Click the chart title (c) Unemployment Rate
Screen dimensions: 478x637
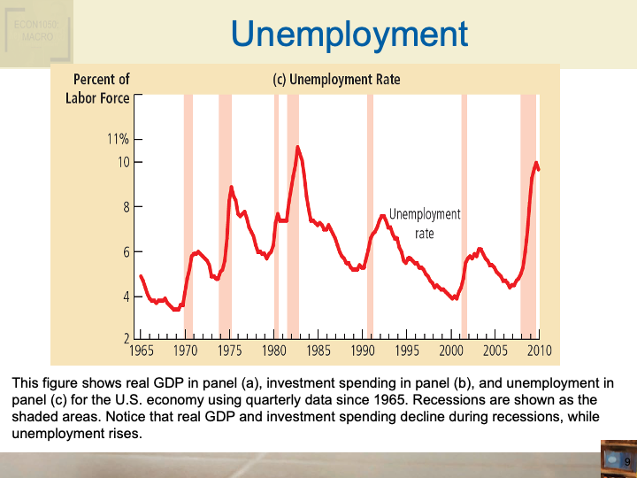tap(336, 80)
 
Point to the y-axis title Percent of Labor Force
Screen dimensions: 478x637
tap(97, 89)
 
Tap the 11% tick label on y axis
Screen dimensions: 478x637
tap(119, 139)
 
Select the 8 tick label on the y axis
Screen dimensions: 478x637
tap(125, 207)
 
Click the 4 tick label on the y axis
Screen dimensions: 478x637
tap(125, 297)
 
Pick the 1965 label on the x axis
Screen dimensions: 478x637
tap(141, 351)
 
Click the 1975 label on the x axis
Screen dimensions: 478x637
tap(229, 351)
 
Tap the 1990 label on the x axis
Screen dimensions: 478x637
tap(363, 351)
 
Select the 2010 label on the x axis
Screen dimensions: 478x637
tap(539, 351)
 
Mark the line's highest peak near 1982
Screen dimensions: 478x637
tap(297, 147)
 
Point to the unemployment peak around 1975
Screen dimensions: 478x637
tap(231, 187)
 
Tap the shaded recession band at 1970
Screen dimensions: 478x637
tap(188, 221)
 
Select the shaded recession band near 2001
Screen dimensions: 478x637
tap(464, 221)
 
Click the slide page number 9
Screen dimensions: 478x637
tap(626, 463)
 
